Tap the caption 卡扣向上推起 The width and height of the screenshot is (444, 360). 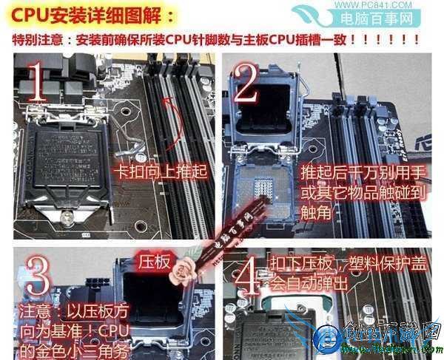click(x=159, y=171)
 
